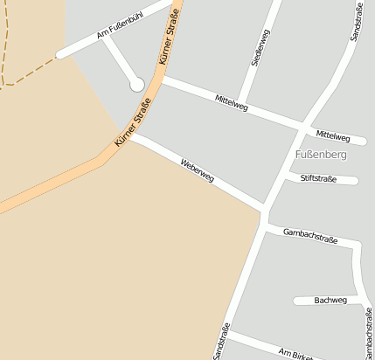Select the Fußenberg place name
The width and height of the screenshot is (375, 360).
click(x=322, y=155)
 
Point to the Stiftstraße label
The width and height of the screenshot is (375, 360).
click(x=319, y=178)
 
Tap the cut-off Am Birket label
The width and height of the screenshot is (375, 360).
click(x=295, y=353)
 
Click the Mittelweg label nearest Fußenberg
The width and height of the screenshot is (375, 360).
click(x=333, y=136)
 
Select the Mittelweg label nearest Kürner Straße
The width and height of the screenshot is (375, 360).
click(x=232, y=104)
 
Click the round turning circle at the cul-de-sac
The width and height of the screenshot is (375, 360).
click(x=136, y=84)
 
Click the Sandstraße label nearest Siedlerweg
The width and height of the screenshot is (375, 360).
click(x=356, y=21)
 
